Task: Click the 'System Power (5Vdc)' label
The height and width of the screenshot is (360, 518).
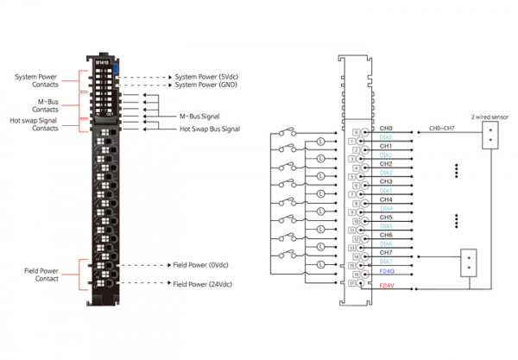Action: [208, 76]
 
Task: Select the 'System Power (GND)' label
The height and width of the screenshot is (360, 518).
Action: [207, 85]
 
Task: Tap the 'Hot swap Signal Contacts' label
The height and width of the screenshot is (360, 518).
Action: [36, 125]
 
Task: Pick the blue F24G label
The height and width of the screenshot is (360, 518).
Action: [388, 271]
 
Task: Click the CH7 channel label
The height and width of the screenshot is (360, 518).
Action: [386, 253]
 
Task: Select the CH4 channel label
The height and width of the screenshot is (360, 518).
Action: [386, 199]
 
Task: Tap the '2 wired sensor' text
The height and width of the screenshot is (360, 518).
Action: [490, 115]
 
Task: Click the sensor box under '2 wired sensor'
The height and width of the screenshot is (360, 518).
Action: [490, 135]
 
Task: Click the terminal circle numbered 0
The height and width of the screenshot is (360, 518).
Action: [357, 131]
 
